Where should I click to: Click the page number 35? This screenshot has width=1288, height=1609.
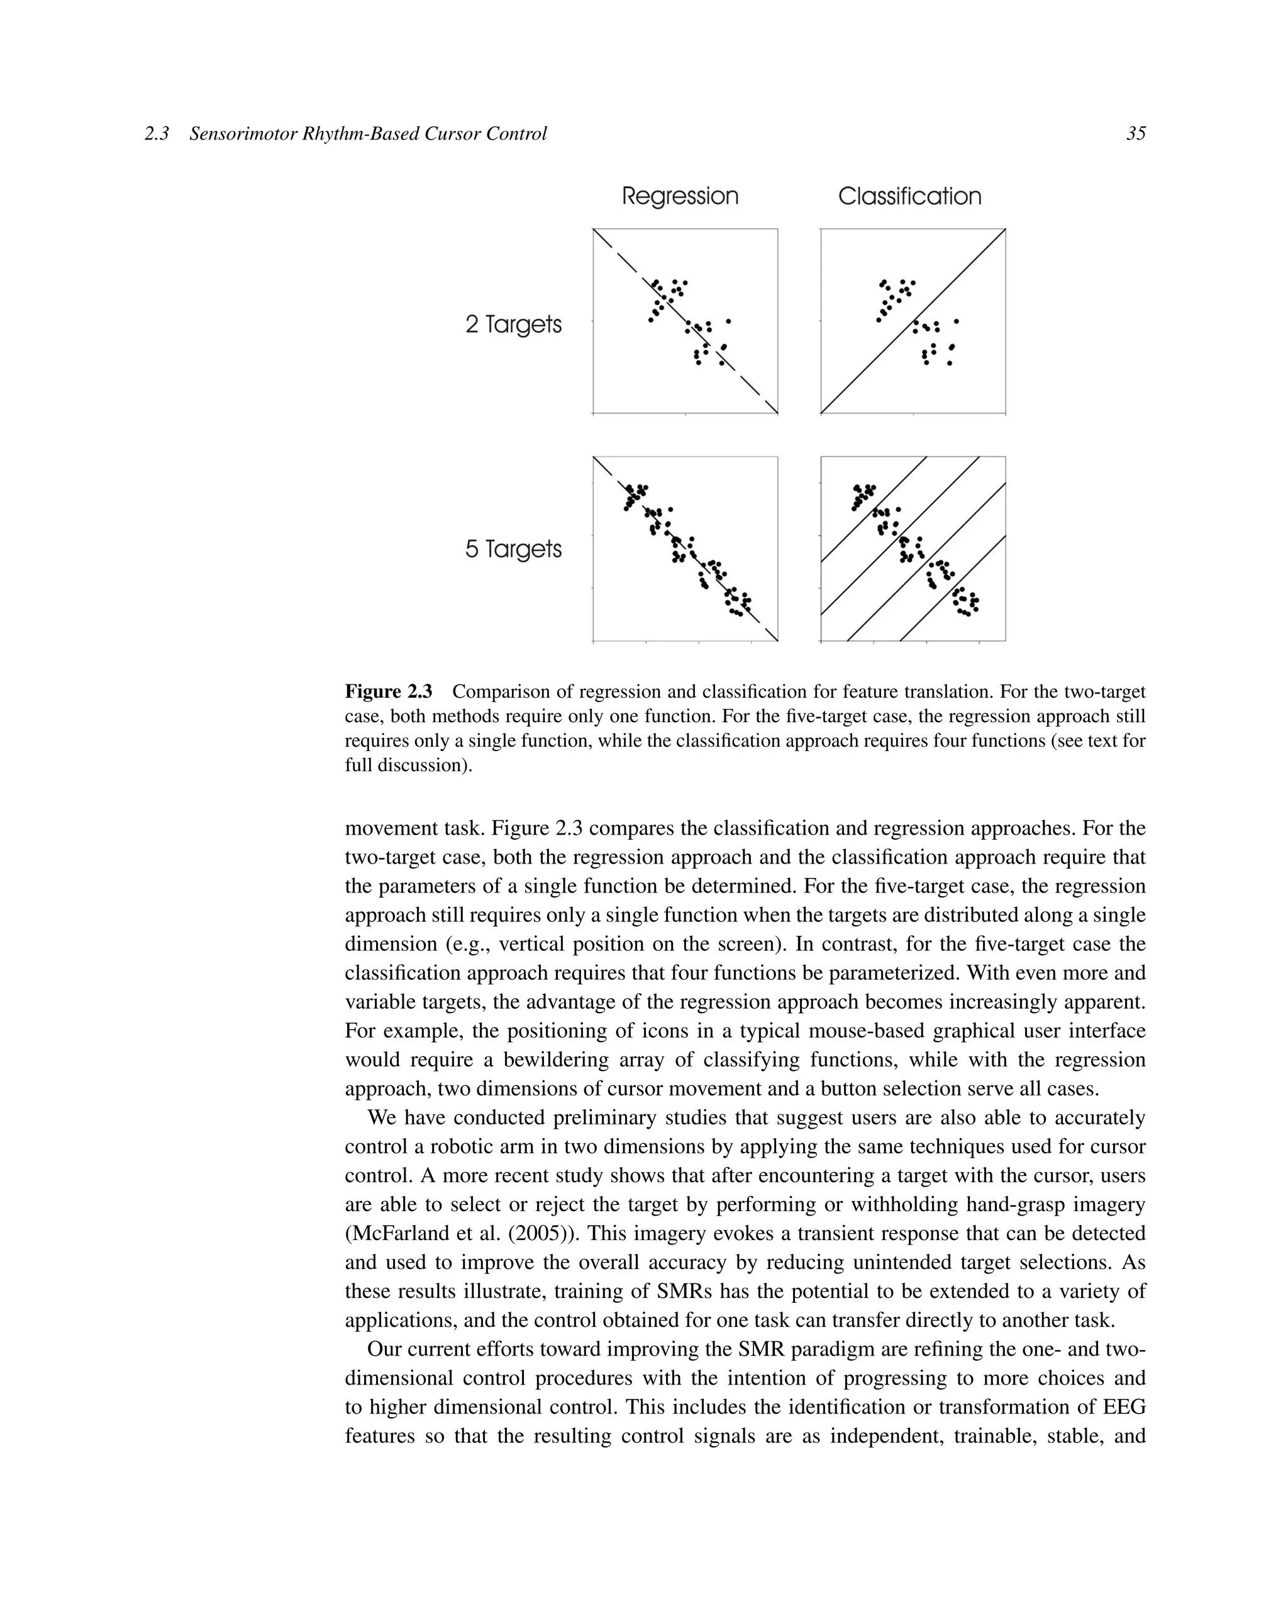pyautogui.click(x=1135, y=134)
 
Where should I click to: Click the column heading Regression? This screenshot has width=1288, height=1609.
pyautogui.click(x=679, y=196)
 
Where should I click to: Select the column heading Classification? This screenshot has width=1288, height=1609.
pyautogui.click(x=909, y=196)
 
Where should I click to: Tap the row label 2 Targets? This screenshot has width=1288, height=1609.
pyautogui.click(x=513, y=325)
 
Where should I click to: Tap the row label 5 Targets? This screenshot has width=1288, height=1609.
pyautogui.click(x=513, y=549)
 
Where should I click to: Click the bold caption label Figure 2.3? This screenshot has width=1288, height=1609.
pyautogui.click(x=388, y=691)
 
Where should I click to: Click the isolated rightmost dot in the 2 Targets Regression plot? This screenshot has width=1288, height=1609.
pyautogui.click(x=728, y=321)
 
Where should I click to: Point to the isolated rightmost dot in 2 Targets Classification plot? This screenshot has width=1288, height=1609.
pyautogui.click(x=957, y=321)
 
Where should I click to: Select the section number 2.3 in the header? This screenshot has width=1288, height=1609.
pyautogui.click(x=157, y=134)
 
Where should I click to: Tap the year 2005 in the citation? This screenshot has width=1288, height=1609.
pyautogui.click(x=538, y=1233)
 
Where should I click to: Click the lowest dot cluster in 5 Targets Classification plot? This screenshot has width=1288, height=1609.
pyautogui.click(x=965, y=601)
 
